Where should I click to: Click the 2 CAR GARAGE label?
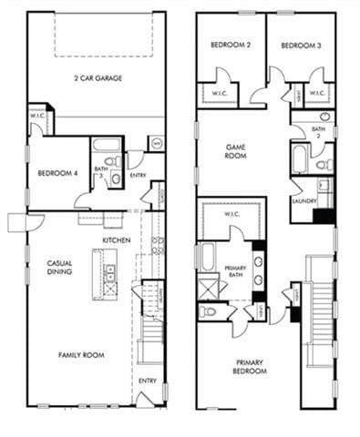98,77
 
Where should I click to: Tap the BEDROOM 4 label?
57,173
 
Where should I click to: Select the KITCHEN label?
116,239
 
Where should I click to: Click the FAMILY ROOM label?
80,355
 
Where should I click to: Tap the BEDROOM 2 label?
230,46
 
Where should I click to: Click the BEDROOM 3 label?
299,46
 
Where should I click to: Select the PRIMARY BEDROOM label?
248,367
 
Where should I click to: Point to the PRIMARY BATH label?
234,271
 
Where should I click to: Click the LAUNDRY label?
303,201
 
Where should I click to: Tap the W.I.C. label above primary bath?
232,214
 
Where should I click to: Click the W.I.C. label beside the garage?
37,116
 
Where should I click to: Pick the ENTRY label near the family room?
147,380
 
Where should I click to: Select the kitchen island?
110,274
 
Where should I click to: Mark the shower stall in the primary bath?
209,287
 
